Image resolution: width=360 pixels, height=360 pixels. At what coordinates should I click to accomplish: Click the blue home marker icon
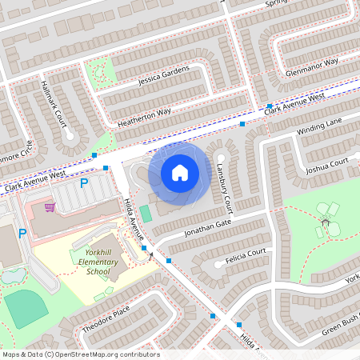point(180,172)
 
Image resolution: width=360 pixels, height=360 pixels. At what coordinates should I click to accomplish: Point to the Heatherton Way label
point(144,114)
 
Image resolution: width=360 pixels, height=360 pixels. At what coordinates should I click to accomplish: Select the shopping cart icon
point(50,206)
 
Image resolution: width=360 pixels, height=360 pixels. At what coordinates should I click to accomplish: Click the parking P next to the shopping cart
point(84,184)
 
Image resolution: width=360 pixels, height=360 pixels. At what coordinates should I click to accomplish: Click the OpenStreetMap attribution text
point(80,354)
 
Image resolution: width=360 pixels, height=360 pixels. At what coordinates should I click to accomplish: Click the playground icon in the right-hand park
point(324,217)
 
